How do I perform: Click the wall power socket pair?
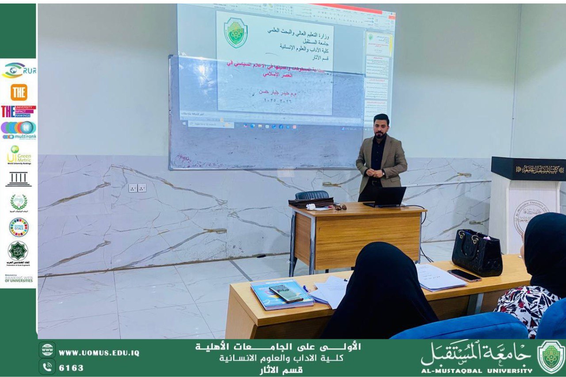137,188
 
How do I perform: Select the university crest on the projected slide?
235,33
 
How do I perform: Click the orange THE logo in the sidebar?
19,92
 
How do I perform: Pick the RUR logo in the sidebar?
19,70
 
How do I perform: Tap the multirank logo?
19,130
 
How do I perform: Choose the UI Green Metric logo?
19,155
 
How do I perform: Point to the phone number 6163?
71,367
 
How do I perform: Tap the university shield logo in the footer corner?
550,357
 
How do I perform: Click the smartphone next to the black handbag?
464,275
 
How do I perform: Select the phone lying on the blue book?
286,293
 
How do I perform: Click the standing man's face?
381,126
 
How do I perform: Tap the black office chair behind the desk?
312,195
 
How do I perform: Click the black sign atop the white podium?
528,169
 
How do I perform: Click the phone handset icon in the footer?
47,367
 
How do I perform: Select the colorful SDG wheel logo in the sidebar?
19,227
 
